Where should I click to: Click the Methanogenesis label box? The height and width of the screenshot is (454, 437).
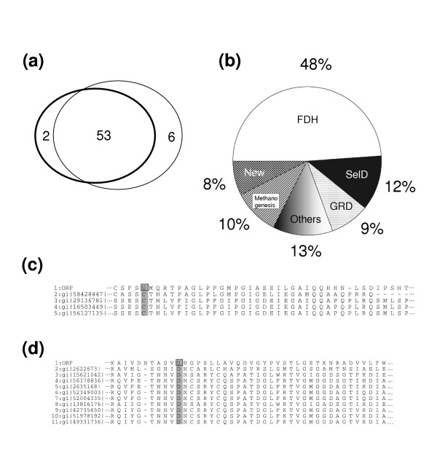265,201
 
